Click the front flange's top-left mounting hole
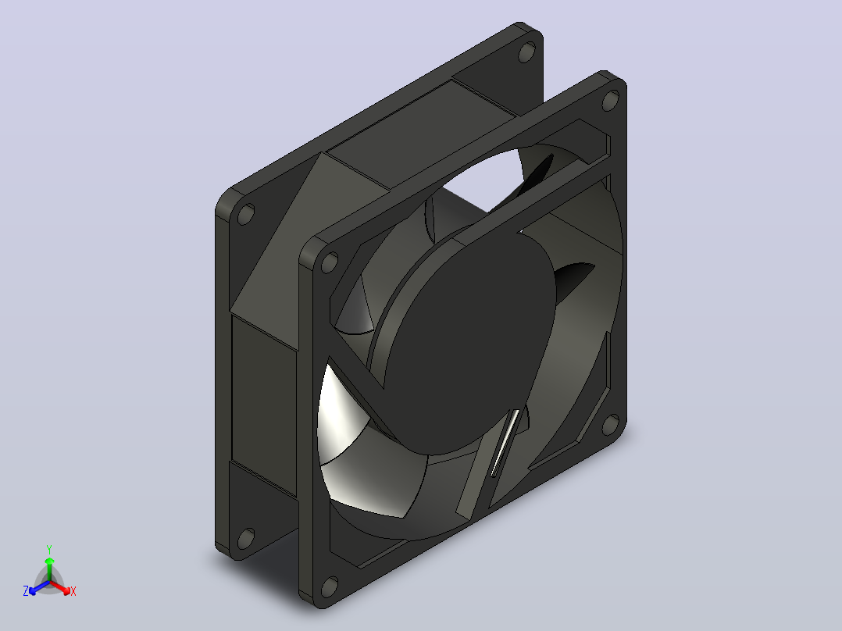pos(329,262)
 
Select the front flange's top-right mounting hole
pos(611,101)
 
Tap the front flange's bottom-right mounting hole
pos(611,424)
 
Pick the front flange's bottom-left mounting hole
pos(329,587)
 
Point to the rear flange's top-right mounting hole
pos(526,52)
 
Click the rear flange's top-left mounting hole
pos(245,214)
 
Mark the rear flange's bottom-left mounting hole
pos(245,539)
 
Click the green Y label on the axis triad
pos(49,549)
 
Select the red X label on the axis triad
pos(73,591)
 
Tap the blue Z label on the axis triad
pos(25,591)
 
